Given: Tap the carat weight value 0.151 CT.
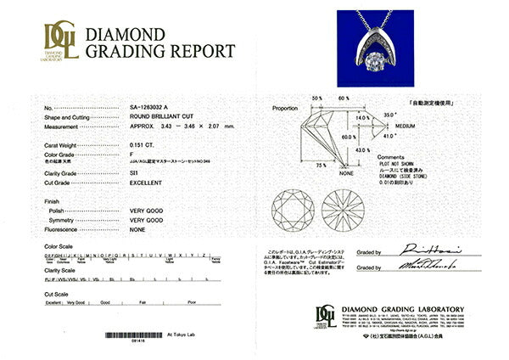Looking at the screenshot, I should [143, 145].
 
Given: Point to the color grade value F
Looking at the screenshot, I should [131, 155].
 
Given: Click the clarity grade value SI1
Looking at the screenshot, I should [135, 172].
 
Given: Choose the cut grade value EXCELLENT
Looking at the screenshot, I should [148, 183].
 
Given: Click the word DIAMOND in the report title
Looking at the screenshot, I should [125, 35].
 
